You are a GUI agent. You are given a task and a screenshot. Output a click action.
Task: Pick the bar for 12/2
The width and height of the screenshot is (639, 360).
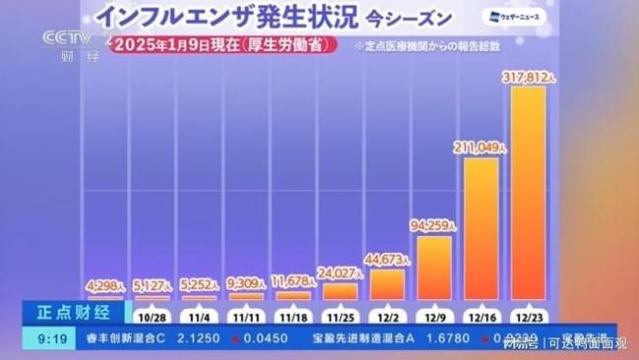[x=387, y=283]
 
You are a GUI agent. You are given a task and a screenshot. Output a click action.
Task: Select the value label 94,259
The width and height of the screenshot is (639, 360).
[x=433, y=225]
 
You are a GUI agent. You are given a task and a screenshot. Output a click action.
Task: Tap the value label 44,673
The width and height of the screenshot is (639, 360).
[x=385, y=259]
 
